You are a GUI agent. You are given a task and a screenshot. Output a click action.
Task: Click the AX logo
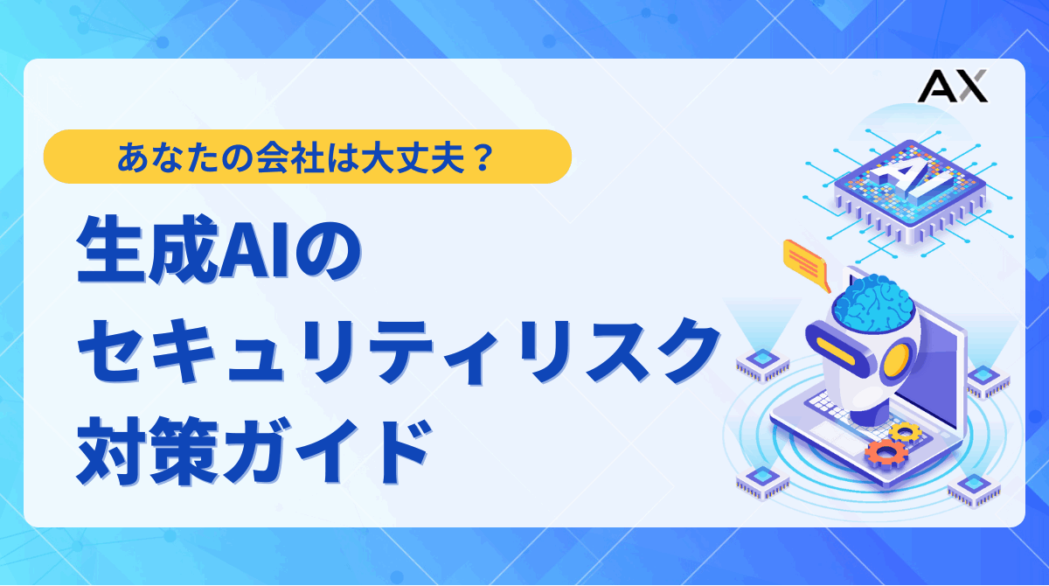click(952, 87)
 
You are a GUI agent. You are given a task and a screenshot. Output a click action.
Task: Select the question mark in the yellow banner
click(481, 157)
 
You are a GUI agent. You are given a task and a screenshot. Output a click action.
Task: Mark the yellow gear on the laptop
click(905, 431)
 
